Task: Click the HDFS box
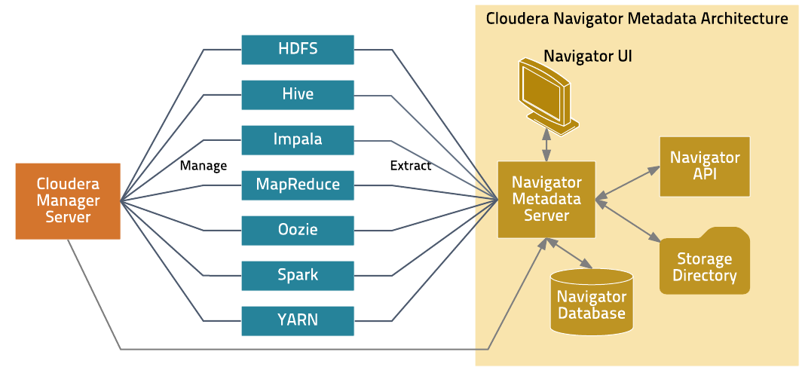298,50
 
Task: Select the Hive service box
298,94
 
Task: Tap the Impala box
298,139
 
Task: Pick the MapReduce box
298,185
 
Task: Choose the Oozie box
298,230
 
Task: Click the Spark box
298,276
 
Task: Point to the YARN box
298,320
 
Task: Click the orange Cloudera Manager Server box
68,201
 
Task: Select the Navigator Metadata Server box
546,199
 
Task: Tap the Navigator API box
705,167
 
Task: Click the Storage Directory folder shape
705,261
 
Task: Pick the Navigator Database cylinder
591,300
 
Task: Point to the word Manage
204,166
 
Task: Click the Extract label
411,166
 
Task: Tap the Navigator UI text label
588,56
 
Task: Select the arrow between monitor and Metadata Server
546,144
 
